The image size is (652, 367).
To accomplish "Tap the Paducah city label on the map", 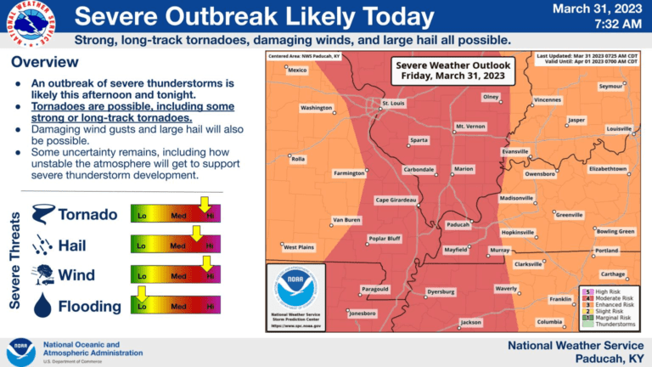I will tap(458, 225).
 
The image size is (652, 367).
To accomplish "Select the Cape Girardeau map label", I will tap(396, 200).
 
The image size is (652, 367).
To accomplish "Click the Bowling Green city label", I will tap(615, 231).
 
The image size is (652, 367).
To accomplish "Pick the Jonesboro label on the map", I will tap(363, 313).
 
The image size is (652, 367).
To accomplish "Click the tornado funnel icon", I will tap(42, 214).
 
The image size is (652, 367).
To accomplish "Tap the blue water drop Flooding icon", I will tap(42, 305).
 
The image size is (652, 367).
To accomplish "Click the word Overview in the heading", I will tap(45, 62).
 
